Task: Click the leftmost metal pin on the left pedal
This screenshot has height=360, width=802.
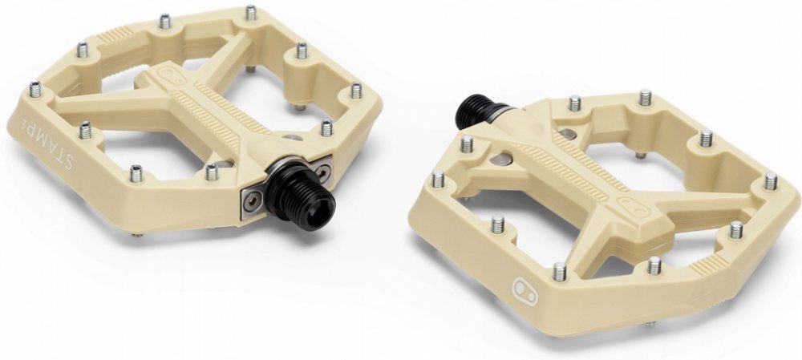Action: click(x=35, y=90)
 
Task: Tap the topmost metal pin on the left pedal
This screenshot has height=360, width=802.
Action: click(x=250, y=12)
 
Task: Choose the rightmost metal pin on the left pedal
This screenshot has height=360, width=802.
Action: click(x=356, y=91)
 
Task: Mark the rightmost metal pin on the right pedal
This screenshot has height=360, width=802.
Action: click(x=771, y=181)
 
